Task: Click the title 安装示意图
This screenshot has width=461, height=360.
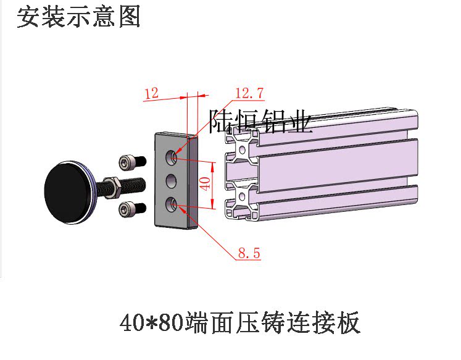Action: pyautogui.click(x=78, y=17)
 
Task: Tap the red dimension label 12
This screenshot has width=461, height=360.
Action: pyautogui.click(x=152, y=93)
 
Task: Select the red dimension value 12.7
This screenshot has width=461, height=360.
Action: pyautogui.click(x=249, y=93)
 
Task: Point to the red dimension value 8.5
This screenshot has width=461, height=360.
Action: pyautogui.click(x=249, y=253)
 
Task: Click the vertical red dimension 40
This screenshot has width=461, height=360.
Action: pyautogui.click(x=206, y=184)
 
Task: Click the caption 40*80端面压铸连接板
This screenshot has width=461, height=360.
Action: pyautogui.click(x=240, y=323)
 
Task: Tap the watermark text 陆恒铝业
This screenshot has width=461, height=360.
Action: pyautogui.click(x=260, y=121)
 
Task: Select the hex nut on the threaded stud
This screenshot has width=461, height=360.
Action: pyautogui.click(x=112, y=187)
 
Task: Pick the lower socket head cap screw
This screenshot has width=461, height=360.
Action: pyautogui.click(x=133, y=209)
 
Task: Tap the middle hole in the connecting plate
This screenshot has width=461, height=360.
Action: pyautogui.click(x=171, y=180)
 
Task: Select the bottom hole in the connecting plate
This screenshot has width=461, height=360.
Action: pyautogui.click(x=171, y=204)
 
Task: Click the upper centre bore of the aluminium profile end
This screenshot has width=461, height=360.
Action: pyautogui.click(x=243, y=150)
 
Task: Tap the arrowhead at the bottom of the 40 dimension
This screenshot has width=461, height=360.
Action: pyautogui.click(x=212, y=204)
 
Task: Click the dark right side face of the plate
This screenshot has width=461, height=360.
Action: pyautogui.click(x=193, y=182)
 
